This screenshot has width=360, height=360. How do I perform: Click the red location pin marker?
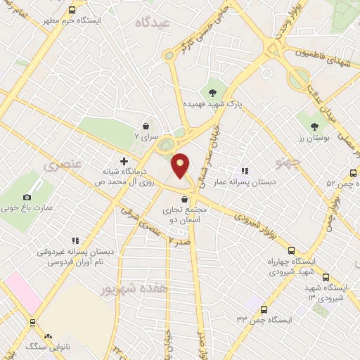(x=181, y=165)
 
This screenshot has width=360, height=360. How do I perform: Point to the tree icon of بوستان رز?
(x=314, y=127)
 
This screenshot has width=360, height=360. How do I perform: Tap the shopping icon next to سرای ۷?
(x=146, y=126)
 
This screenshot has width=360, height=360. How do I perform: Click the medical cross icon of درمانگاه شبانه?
(x=124, y=161)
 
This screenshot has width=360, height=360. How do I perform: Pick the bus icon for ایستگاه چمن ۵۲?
(x=354, y=173)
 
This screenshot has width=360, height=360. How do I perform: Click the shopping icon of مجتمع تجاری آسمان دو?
(x=184, y=199)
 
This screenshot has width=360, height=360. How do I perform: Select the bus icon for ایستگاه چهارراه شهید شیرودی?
(x=291, y=250)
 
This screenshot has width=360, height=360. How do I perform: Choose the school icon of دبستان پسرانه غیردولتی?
(x=75, y=240)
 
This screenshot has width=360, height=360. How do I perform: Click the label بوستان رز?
(x=314, y=139)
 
